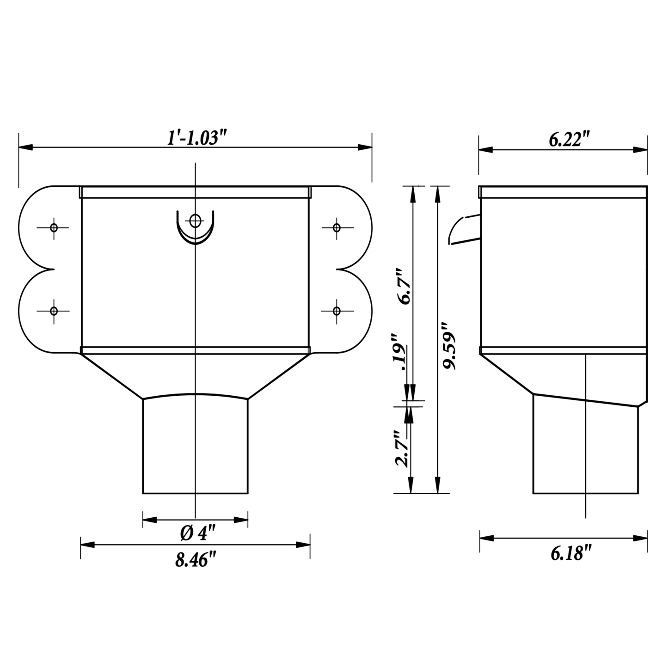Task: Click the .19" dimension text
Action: click(398, 352)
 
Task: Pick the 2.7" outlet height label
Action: click(401, 449)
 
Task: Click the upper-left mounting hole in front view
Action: click(54, 228)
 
